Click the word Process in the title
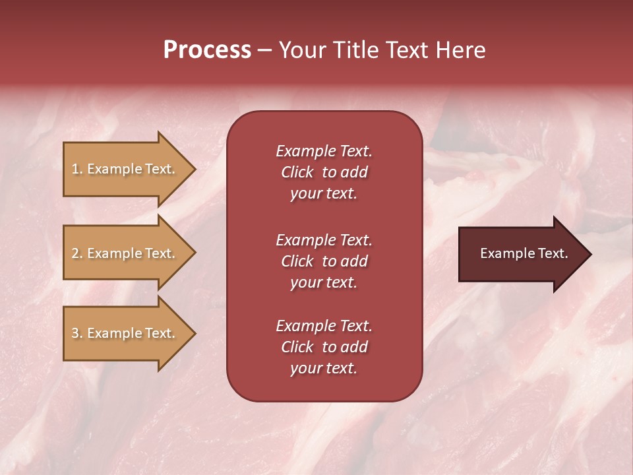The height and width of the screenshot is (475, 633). click(x=207, y=49)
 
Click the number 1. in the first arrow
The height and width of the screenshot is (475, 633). click(x=77, y=169)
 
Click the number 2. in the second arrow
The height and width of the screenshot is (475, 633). click(x=77, y=253)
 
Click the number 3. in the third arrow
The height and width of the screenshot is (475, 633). click(x=77, y=333)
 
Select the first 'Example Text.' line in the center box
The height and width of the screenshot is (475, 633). click(x=324, y=151)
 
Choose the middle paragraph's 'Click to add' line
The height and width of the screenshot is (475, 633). click(x=324, y=261)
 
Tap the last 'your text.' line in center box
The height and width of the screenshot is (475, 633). click(x=324, y=369)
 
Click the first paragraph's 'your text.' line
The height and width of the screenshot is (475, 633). click(x=324, y=194)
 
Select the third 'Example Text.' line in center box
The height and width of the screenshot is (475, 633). click(x=324, y=326)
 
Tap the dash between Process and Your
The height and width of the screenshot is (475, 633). click(x=264, y=51)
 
